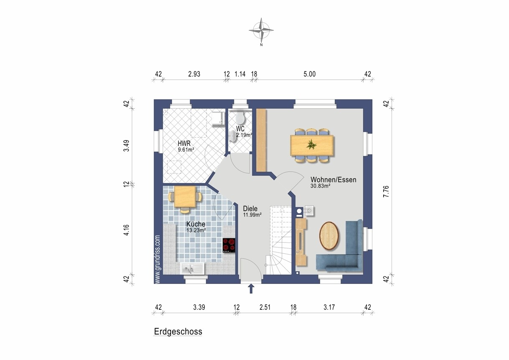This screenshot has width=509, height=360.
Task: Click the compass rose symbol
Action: point(261,30)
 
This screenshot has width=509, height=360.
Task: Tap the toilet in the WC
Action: point(240,117)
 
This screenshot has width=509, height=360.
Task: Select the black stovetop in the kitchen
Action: point(229,245)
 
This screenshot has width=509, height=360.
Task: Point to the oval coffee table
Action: point(329,236)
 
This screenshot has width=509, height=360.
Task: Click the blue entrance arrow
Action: point(251,289)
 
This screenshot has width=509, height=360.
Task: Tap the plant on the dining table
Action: point(311,144)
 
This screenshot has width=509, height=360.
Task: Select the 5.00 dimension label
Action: point(310,74)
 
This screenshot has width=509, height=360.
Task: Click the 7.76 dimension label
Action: point(386,191)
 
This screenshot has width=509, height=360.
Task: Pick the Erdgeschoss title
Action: point(178,332)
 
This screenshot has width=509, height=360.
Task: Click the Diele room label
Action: point(250,209)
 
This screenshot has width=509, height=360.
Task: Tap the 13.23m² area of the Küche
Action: point(196,230)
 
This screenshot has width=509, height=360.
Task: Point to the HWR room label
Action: point(184,143)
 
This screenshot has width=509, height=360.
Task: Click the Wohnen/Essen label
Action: point(333,180)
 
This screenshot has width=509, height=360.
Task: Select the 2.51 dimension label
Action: point(265,307)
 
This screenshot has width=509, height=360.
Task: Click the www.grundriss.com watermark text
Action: point(158,259)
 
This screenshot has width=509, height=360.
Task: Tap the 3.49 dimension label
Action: point(127,146)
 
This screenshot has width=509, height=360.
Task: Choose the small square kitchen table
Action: point(185,197)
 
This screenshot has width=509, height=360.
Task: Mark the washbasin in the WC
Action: point(233,136)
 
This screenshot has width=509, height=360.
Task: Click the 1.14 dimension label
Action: point(240,74)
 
